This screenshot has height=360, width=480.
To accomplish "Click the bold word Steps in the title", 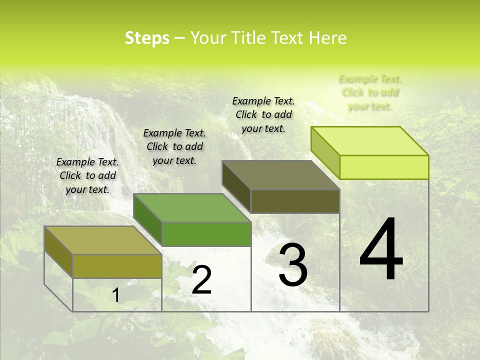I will pyautogui.click(x=147, y=38).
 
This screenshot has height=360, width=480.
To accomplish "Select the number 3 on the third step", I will pyautogui.click(x=293, y=265).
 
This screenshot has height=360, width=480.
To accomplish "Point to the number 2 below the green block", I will pyautogui.click(x=201, y=280).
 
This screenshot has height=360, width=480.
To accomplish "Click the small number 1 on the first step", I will pyautogui.click(x=115, y=295).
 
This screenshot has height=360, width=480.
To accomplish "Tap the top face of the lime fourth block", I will pyautogui.click(x=370, y=141).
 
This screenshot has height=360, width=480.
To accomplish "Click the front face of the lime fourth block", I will pyautogui.click(x=384, y=167).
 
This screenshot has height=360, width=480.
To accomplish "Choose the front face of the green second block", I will pyautogui.click(x=206, y=234).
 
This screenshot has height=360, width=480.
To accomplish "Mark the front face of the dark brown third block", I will pyautogui.click(x=295, y=201).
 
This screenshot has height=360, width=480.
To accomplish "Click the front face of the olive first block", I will pyautogui.click(x=117, y=266).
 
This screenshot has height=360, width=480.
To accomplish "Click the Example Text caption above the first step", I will pyautogui.click(x=87, y=175).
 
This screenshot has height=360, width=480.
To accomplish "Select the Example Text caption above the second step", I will pyautogui.click(x=174, y=146).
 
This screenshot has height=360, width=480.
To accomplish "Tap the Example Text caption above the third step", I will pyautogui.click(x=263, y=114).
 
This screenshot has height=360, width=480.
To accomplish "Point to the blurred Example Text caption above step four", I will pyautogui.click(x=370, y=92).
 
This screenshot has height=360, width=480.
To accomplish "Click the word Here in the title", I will pyautogui.click(x=327, y=38).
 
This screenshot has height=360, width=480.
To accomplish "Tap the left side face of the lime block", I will pyautogui.click(x=325, y=152).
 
